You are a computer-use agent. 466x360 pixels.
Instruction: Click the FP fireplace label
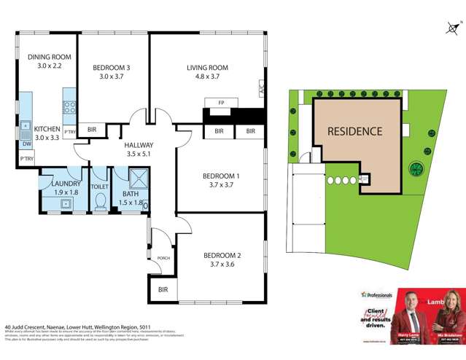(220, 103)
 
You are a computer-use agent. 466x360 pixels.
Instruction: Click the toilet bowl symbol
(100, 202)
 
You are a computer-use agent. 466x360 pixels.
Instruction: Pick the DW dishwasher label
(26, 144)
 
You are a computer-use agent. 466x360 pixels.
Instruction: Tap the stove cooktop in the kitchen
(70, 107)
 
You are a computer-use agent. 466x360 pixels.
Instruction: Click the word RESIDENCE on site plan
(354, 132)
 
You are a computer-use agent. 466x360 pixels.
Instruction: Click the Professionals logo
(376, 295)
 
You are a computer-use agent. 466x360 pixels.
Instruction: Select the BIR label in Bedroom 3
(92, 130)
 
